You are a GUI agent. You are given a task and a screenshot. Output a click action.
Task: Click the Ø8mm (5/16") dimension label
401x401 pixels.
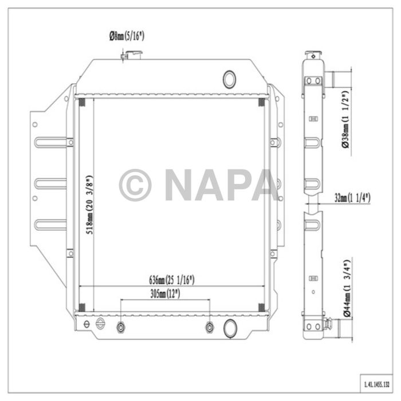tap(127, 36)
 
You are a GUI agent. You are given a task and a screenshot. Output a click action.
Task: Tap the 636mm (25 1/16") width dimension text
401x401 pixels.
tap(172, 280)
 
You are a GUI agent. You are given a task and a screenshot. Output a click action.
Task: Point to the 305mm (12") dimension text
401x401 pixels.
tap(166, 294)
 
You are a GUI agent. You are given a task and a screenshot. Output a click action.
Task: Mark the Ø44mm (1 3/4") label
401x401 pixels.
tap(345, 288)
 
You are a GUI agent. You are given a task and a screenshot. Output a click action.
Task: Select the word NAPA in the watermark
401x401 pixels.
tap(221, 185)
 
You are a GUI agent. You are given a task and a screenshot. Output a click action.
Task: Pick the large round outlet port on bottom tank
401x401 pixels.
tap(231, 328)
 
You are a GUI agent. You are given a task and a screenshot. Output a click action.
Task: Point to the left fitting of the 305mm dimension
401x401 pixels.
tap(121, 327)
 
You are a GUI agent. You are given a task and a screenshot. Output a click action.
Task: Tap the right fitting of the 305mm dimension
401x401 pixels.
tap(210, 327)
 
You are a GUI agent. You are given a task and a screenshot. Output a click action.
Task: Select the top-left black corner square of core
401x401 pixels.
tap(81, 103)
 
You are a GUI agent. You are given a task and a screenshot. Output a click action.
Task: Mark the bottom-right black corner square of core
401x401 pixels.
tap(262, 308)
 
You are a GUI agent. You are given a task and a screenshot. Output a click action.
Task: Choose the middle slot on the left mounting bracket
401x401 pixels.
tap(50, 184)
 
